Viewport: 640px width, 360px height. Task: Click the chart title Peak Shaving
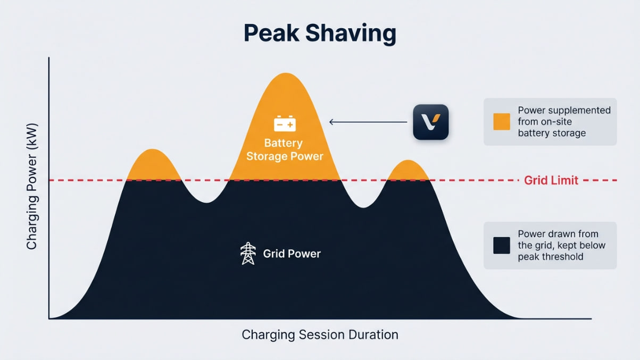point(320,34)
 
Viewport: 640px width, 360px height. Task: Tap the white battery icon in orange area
point(285,124)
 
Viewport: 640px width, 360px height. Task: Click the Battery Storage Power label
point(283,149)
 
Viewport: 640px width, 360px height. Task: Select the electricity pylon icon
point(248,254)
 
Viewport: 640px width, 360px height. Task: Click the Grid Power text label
point(292,254)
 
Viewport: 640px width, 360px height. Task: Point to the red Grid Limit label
point(551,180)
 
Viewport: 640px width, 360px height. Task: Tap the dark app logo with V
point(431,122)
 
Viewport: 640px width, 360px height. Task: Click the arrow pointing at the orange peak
point(367,122)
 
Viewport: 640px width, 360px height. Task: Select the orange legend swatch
point(501,122)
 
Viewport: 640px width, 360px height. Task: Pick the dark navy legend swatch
point(501,245)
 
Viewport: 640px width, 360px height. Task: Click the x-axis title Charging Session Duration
point(320,335)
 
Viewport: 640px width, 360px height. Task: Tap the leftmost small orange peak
point(153,166)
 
